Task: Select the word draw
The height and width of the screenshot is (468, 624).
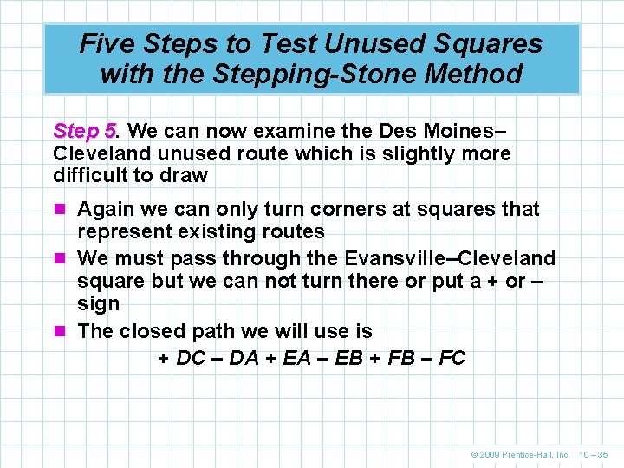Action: (x=187, y=175)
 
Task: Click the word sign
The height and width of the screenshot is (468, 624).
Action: (x=99, y=304)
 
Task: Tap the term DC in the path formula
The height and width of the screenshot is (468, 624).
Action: (x=191, y=358)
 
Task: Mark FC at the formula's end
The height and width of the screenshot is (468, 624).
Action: (x=452, y=358)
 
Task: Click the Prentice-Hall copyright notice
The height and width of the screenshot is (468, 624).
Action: (x=520, y=454)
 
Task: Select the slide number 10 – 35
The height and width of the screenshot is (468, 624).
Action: (x=594, y=454)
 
